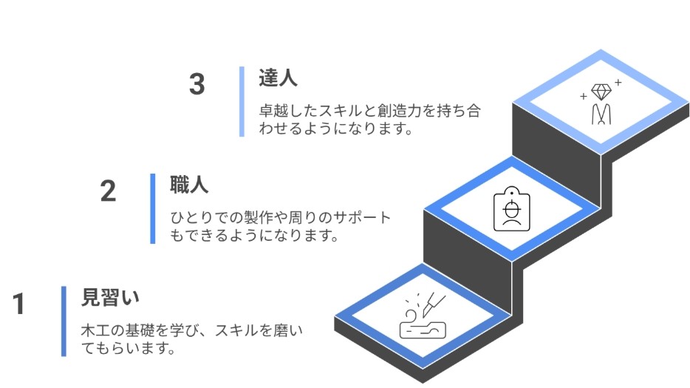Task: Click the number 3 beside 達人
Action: point(197,84)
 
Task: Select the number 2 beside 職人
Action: point(108,191)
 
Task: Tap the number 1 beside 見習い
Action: point(19,304)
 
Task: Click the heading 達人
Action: point(278,78)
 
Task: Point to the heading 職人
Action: point(189,184)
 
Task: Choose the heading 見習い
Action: point(110,297)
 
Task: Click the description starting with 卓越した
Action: point(369,120)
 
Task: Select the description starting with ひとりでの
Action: point(280,227)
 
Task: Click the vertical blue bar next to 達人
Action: point(242,102)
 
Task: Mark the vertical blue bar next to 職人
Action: point(153,208)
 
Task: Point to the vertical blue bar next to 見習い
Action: point(64,321)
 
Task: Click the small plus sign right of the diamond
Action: point(618,83)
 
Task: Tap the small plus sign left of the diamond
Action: point(584,96)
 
